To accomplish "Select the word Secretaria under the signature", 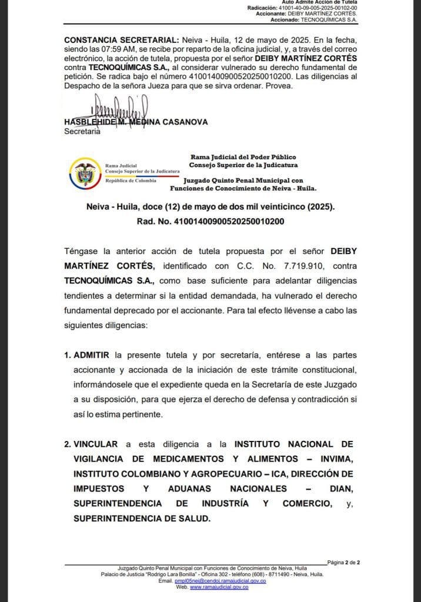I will pos(82,131).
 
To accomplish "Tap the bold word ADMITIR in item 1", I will pos(92,356).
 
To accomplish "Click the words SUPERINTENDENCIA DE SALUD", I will pos(141,519).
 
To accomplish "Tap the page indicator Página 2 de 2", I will pos(348,562).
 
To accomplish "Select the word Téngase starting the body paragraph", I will pos(91,251).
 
